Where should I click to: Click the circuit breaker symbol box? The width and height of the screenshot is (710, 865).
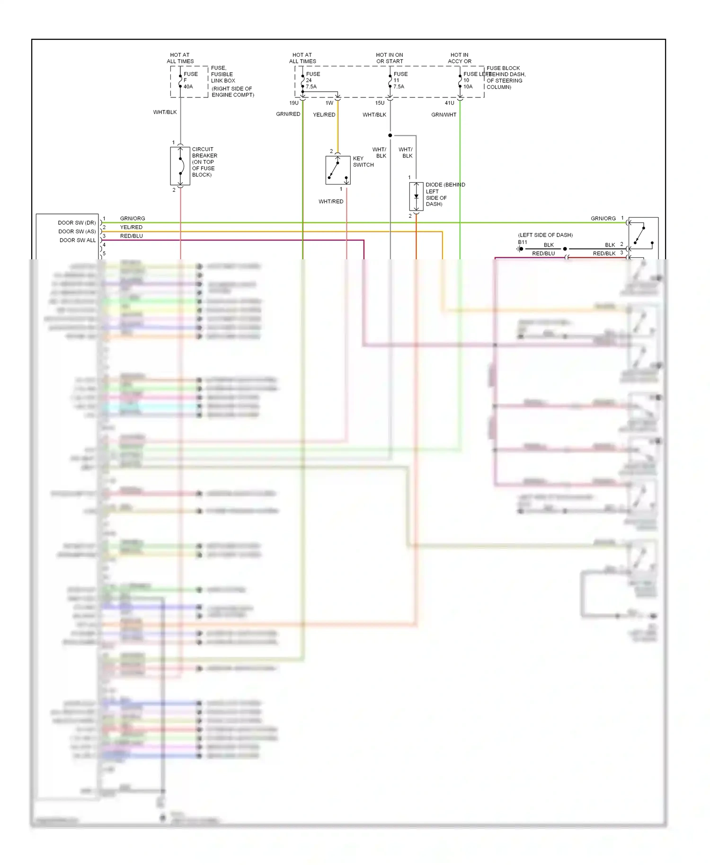point(180,166)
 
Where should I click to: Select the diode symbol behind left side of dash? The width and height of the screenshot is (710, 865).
point(416,196)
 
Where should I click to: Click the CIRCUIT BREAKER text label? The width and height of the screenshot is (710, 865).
point(204,162)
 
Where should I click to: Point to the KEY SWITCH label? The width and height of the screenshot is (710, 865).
point(363,162)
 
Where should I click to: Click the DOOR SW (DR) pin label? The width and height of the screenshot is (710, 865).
point(77,223)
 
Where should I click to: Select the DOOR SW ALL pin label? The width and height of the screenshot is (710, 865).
point(78,240)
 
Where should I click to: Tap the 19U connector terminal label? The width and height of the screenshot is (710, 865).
point(294,103)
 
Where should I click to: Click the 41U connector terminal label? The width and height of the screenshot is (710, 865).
point(449,103)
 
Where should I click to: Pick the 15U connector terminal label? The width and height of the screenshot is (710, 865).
point(380,103)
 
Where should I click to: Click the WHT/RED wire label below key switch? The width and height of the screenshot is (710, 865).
point(331,202)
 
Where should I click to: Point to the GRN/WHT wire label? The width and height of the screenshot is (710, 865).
point(444,115)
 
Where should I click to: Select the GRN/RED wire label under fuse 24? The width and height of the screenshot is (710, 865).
point(288,114)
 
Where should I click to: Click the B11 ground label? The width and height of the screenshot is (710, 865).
point(522,242)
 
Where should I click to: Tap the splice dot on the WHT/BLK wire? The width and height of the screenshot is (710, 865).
point(390,135)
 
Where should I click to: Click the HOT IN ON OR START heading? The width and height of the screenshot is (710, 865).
point(390,58)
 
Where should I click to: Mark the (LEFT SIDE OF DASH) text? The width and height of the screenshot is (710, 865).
point(545,235)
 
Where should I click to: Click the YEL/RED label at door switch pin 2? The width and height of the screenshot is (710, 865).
point(131,227)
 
